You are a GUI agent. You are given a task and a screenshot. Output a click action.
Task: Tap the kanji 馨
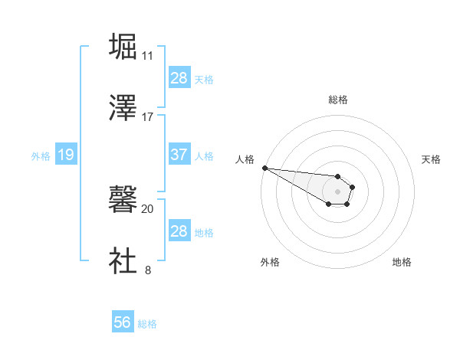(x=123, y=200)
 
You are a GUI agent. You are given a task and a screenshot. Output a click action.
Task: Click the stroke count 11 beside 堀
(x=147, y=56)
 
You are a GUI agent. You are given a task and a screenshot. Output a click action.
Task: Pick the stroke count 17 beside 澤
(x=147, y=117)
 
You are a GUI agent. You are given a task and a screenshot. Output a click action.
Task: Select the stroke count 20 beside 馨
(x=147, y=208)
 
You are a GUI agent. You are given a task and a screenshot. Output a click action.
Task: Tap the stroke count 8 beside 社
(x=147, y=270)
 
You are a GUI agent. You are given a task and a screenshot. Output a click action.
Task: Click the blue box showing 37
(x=179, y=155)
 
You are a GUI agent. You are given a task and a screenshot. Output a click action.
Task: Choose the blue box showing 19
(x=65, y=155)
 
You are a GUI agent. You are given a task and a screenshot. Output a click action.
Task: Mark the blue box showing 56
(x=123, y=323)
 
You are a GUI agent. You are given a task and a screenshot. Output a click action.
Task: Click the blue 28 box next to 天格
(x=179, y=78)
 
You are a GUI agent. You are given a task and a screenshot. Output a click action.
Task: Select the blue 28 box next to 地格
(x=179, y=231)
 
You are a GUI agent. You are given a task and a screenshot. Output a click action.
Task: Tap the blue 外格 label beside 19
(x=41, y=156)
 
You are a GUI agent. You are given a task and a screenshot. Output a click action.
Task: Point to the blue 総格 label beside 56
(x=147, y=324)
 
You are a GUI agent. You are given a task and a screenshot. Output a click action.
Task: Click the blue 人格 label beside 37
(x=204, y=155)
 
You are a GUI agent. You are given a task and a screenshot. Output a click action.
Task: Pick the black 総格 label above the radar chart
(x=338, y=100)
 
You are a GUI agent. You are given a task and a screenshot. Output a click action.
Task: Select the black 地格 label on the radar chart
(x=402, y=263)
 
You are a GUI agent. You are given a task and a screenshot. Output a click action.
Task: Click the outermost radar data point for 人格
(x=264, y=168)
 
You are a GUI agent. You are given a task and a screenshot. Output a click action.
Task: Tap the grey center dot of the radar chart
(x=337, y=191)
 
